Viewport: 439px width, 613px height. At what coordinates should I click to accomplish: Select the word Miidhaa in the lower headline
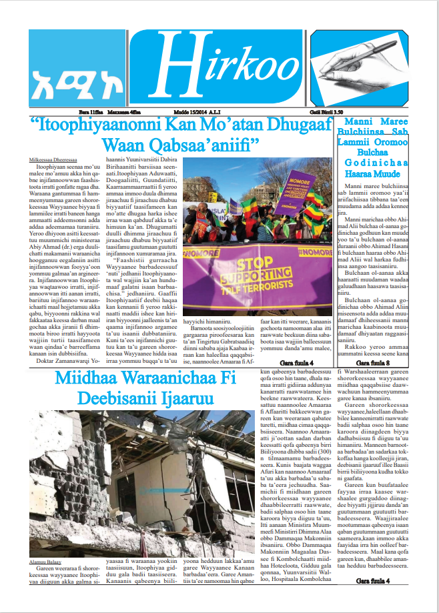click(x=83, y=378)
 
